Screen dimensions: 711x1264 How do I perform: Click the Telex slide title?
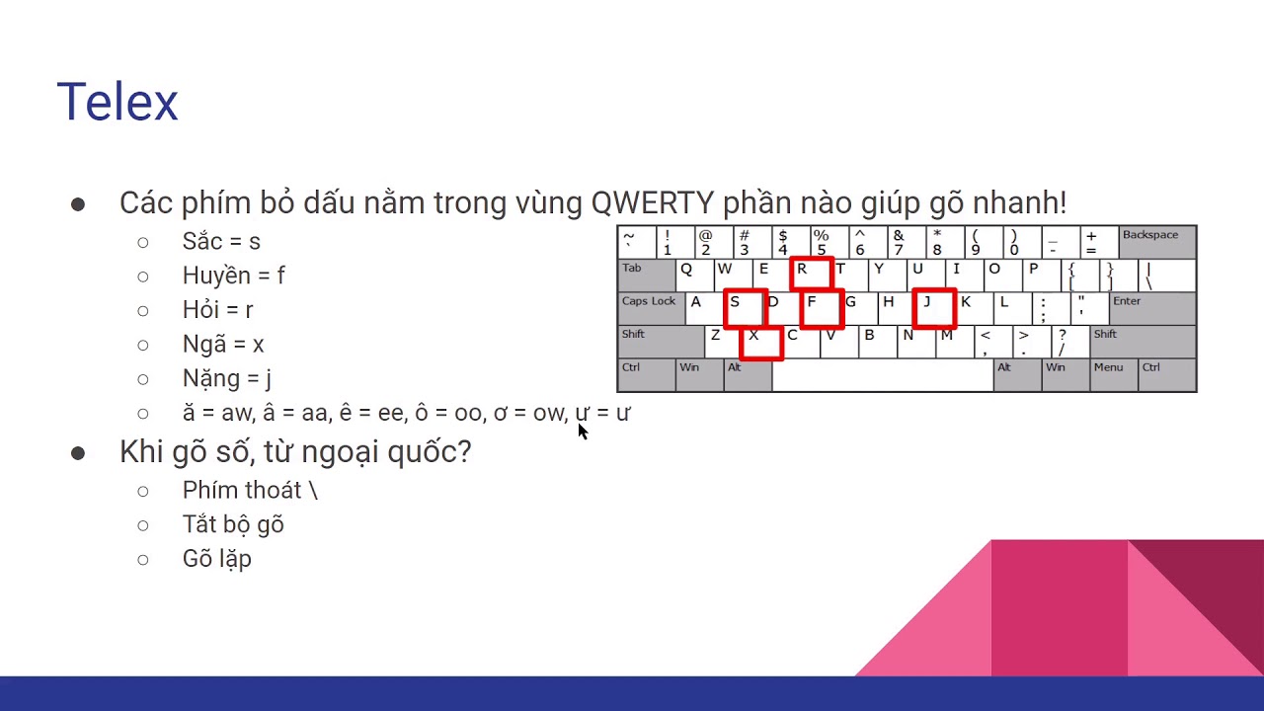coord(118,103)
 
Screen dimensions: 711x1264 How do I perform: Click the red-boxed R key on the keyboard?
coord(812,274)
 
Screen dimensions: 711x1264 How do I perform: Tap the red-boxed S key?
coord(745,307)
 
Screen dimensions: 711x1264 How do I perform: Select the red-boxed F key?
coord(822,307)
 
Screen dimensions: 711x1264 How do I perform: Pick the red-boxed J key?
coord(934,307)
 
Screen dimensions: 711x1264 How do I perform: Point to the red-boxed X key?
coord(761,342)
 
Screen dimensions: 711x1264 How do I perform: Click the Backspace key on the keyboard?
coord(1156,242)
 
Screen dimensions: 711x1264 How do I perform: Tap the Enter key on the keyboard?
coord(1151,307)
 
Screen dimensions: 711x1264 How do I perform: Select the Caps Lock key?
coord(651,307)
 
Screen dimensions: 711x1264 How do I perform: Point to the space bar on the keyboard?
coord(882,375)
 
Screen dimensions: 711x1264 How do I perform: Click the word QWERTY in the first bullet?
coord(653,202)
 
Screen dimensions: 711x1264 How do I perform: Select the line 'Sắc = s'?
coord(221,242)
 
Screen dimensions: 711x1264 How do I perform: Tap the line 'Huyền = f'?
coord(233,276)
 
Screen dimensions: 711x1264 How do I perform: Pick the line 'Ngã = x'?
coord(223,345)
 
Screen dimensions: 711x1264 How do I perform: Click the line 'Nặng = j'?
coord(226,379)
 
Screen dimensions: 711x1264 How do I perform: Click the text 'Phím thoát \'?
coord(250,491)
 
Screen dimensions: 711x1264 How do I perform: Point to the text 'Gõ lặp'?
coord(216,559)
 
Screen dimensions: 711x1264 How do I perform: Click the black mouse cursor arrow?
coord(582,432)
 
